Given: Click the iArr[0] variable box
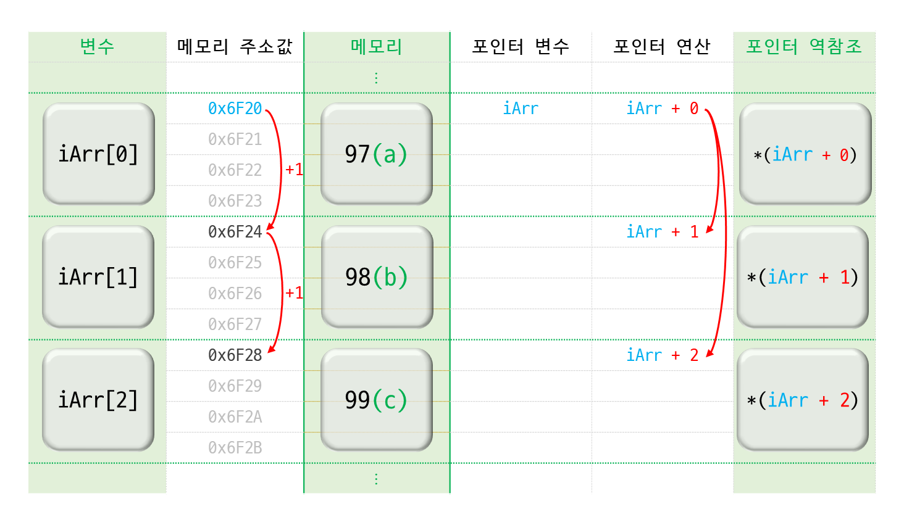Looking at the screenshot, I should tap(98, 154).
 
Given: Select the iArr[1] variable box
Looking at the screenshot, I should tap(98, 277).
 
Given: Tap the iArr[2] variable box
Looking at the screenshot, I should tap(98, 400).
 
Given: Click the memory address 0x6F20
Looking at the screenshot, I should tap(235, 109).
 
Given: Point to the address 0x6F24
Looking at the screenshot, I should tap(235, 232).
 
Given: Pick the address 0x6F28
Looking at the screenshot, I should tap(235, 355).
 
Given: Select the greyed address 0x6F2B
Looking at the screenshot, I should tap(235, 448).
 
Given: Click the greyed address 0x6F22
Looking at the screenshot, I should tap(235, 170).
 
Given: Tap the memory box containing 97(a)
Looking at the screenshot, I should tap(376, 154).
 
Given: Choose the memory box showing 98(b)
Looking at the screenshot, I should tap(377, 277).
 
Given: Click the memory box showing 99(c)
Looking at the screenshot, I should tap(376, 400).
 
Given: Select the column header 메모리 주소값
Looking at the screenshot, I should tap(235, 47).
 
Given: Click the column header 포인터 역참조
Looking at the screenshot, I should tap(804, 47).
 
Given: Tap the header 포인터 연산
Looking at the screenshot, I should tap(662, 47).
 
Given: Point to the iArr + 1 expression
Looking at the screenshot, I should tap(662, 232).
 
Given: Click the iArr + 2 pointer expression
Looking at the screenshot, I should tap(662, 355).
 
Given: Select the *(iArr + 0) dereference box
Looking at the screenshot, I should tap(805, 154).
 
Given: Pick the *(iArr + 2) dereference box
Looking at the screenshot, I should tap(803, 400).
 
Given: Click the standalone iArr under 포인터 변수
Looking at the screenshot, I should tap(521, 109).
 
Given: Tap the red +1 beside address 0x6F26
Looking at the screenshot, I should tap(294, 292).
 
